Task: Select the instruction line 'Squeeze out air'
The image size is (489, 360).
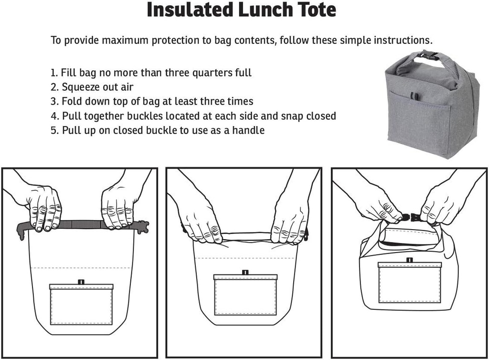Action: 97,87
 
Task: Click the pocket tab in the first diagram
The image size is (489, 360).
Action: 81,282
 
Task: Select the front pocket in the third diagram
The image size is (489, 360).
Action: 409,284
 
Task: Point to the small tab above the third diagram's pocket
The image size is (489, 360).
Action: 409,260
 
